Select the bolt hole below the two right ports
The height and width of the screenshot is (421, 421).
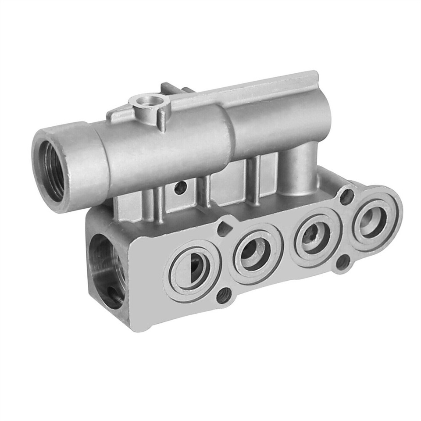pyautogui.click(x=343, y=262)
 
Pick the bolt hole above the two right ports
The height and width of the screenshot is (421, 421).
pyautogui.click(x=346, y=196)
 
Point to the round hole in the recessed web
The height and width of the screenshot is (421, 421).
pyautogui.click(x=180, y=188)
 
